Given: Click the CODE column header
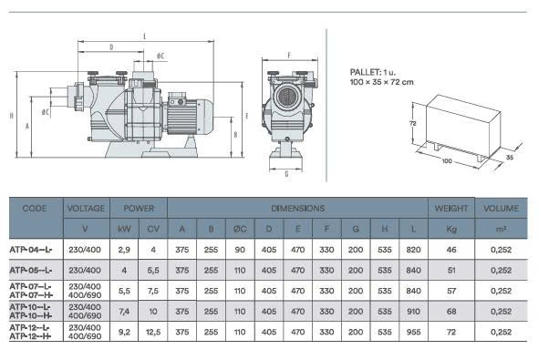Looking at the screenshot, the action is click(35, 208).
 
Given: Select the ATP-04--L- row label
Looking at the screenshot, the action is click(31, 250).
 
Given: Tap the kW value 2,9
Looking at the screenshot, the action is click(124, 250).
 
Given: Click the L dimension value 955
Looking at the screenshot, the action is click(413, 332).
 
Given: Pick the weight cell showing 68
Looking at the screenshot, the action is click(451, 311).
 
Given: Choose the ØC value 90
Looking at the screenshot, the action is click(240, 250).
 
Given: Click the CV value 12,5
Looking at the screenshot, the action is click(153, 332).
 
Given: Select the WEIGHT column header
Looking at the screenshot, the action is click(451, 208).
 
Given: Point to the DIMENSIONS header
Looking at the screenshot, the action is click(297, 208).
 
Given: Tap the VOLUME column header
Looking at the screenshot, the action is click(501, 208).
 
